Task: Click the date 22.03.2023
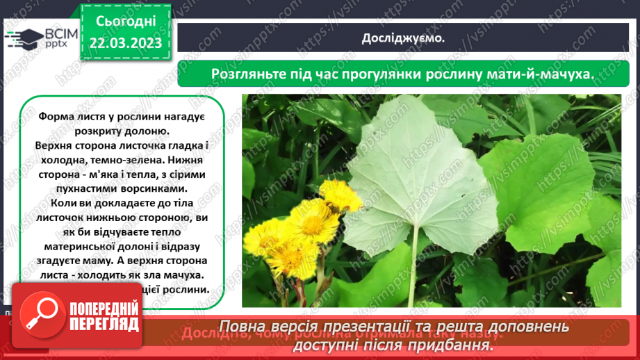click(125, 43)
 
